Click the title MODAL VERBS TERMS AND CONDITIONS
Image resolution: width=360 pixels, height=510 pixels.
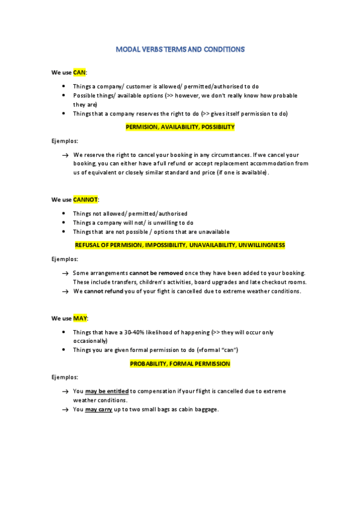(180, 50)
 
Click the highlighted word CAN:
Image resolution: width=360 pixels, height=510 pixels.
(81, 72)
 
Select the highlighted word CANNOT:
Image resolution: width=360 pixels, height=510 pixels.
(86, 199)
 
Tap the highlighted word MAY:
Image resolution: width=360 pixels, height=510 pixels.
(81, 318)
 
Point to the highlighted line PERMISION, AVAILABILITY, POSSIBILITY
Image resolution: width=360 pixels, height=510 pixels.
(180, 127)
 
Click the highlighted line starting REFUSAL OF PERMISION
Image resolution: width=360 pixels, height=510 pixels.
(180, 245)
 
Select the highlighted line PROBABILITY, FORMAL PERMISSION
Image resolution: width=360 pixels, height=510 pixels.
(180, 364)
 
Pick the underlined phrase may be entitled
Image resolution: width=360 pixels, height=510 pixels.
(107, 391)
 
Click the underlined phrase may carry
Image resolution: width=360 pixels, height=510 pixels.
(99, 410)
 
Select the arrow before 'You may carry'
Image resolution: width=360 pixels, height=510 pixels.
(64, 410)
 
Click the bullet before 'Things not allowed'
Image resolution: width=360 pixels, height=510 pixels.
(64, 214)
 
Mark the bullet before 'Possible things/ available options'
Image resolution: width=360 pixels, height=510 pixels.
(64, 96)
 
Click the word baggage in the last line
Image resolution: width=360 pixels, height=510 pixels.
(204, 410)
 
